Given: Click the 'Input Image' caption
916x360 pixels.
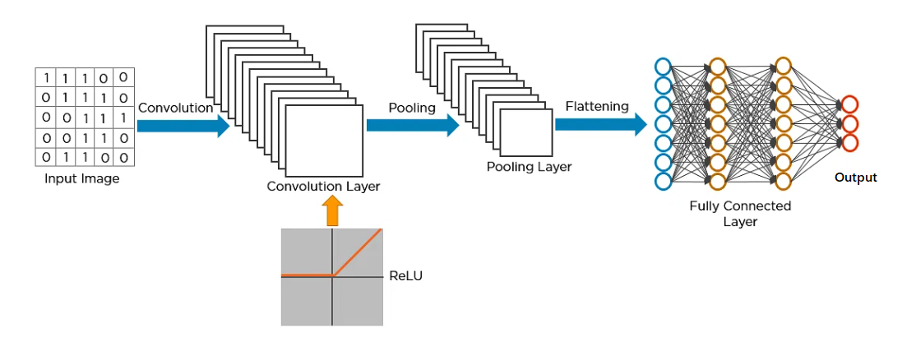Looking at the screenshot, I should pos(81,178).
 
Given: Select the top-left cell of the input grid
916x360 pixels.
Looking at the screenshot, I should pos(46,78).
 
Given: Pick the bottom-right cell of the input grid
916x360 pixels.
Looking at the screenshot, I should pos(123,156).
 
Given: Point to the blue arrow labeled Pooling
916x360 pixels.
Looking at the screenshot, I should pos(412,125).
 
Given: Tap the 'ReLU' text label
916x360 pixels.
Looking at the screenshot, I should pos(405,276).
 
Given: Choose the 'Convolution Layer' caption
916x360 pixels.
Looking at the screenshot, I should pos(323,187).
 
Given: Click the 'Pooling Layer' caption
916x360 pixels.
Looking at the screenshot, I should pos(529,167).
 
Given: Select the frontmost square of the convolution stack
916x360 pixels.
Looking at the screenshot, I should pos(324,141).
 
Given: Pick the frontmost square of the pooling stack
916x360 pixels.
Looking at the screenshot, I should pos(527,132).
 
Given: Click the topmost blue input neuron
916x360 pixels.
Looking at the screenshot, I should pos(663,67).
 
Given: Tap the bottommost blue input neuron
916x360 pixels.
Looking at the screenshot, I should pos(663,180).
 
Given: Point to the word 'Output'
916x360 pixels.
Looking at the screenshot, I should pos(855,178).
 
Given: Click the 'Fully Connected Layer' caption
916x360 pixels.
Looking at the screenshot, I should pos(740,214).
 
